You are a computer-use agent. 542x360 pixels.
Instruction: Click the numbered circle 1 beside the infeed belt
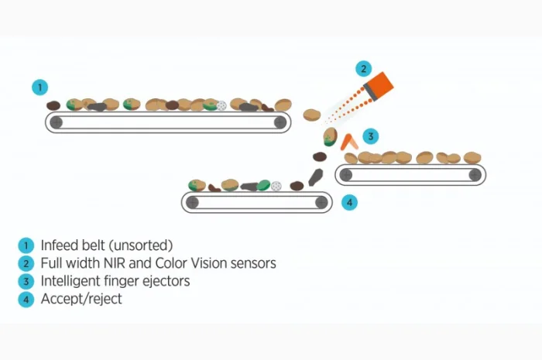coord(40,87)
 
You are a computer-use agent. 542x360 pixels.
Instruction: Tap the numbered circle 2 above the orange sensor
coord(364,68)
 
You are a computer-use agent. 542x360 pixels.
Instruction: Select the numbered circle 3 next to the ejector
coord(372,137)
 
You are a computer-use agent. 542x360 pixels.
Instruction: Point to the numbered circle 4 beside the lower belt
coord(349,203)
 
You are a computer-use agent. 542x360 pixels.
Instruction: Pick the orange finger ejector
coord(350,142)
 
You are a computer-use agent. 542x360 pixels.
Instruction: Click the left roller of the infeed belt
coord(56,122)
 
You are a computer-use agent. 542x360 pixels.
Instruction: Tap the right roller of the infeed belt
coord(279,122)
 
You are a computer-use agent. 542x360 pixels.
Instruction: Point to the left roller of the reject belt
coord(193,203)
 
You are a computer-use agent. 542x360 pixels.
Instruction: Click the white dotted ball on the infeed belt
coord(221,105)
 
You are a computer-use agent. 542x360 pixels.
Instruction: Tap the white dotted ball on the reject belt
coord(276,186)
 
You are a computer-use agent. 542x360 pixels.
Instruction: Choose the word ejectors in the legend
coord(164,281)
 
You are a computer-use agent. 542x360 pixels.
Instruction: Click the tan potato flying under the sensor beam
coord(312,115)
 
